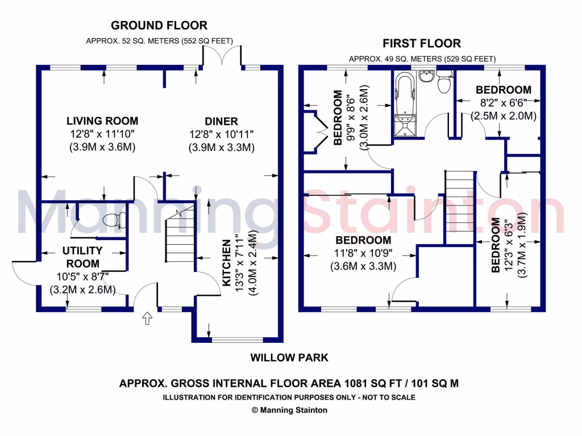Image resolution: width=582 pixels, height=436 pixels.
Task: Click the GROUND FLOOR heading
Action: [x=159, y=25]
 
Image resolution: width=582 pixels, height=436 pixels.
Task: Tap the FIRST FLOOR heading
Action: [x=421, y=43]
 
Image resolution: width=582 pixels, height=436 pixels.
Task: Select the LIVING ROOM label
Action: [x=102, y=120]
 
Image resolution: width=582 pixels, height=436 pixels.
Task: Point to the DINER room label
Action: [x=221, y=121]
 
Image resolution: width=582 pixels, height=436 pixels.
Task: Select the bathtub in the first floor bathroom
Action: [x=406, y=91]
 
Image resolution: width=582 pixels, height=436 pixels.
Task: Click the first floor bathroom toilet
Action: [x=443, y=82]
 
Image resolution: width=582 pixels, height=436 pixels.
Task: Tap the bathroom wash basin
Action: [x=426, y=76]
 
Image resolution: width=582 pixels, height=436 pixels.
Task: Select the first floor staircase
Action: [x=459, y=207]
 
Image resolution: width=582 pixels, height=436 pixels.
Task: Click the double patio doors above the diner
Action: [x=223, y=55]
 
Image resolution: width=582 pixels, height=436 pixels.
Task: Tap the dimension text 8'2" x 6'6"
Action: [x=504, y=103]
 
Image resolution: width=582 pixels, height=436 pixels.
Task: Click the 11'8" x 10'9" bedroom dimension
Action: [x=363, y=253]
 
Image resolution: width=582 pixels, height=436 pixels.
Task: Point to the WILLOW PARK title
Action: [x=289, y=358]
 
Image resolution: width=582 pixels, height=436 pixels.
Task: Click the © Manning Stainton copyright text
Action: [x=289, y=410]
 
